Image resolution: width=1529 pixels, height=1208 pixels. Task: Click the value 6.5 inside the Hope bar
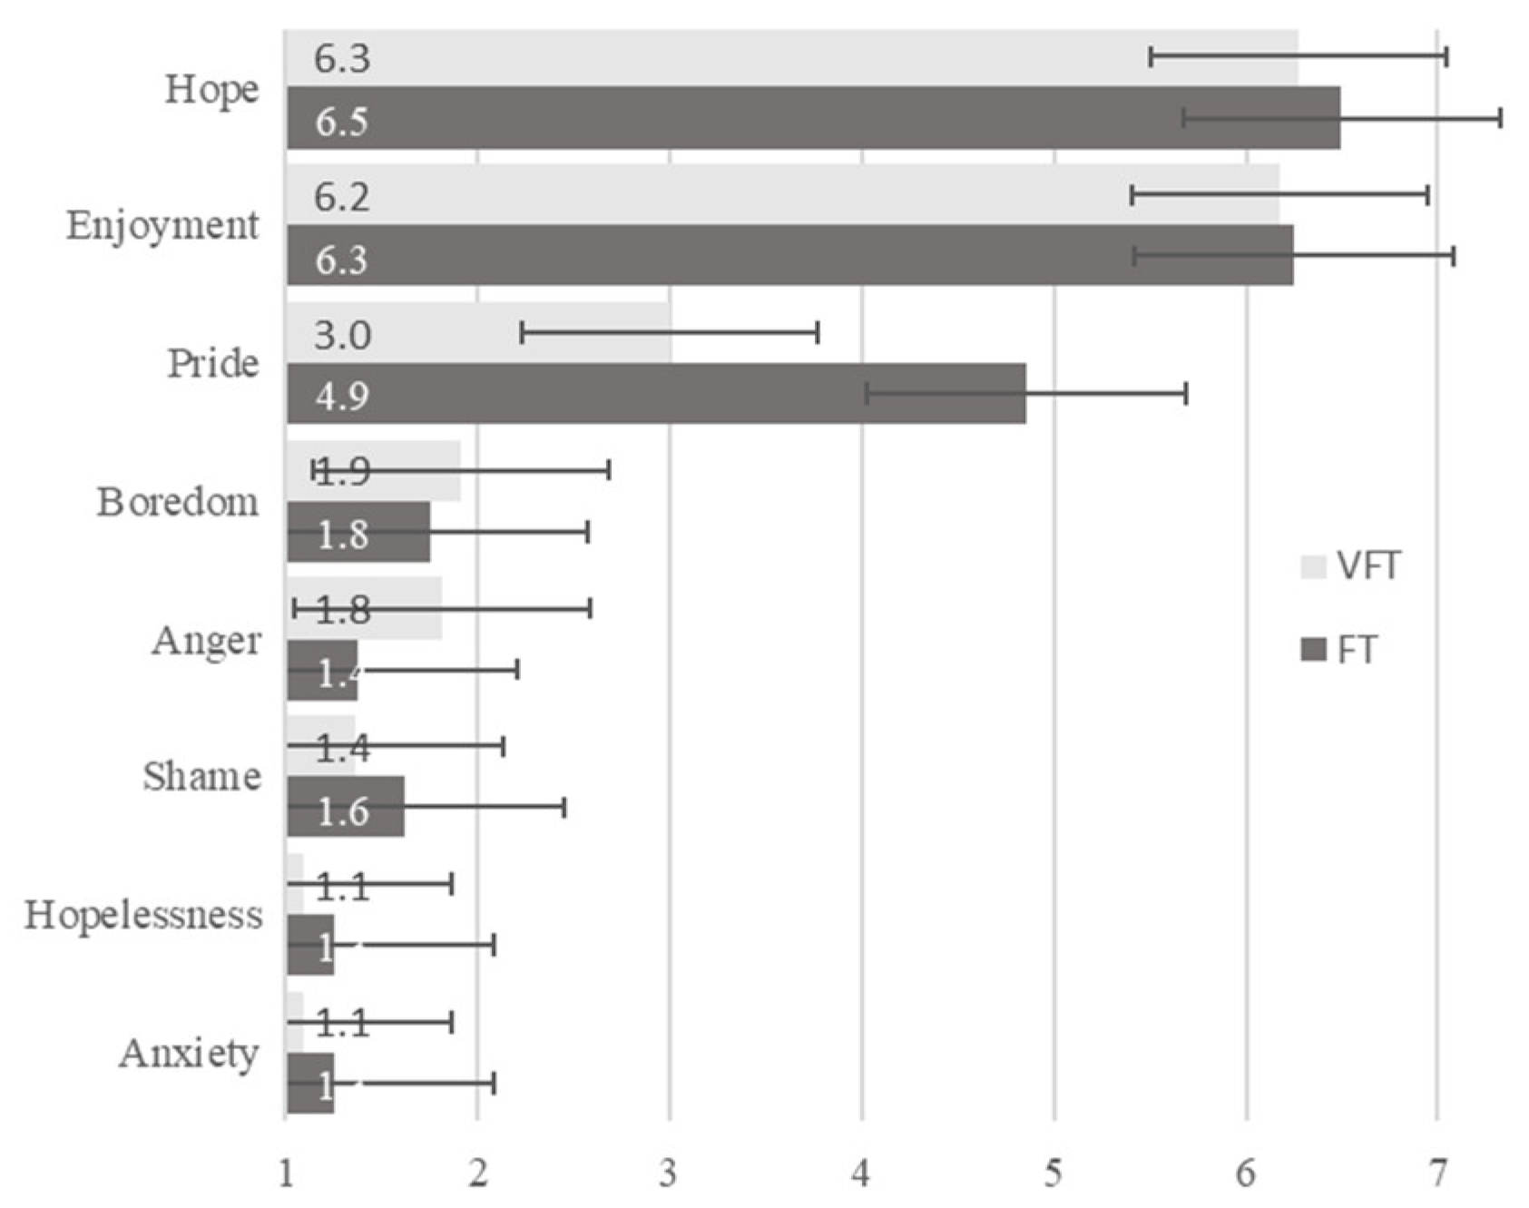(341, 122)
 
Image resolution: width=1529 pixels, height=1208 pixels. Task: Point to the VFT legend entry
(1353, 566)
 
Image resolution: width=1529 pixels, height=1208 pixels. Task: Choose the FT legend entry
(1341, 650)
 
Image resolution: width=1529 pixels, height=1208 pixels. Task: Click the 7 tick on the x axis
(1437, 1174)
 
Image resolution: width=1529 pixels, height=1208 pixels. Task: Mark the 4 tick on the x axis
(860, 1174)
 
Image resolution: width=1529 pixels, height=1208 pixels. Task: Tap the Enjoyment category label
(162, 226)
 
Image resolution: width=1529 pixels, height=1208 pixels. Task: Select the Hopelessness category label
(143, 915)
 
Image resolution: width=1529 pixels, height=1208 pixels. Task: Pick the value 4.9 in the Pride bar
(341, 397)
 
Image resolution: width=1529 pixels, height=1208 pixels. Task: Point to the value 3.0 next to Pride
(342, 336)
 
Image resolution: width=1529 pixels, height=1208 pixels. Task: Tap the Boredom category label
(178, 502)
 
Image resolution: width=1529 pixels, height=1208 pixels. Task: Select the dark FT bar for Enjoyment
(789, 256)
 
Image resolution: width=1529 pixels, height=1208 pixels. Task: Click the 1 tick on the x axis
(286, 1174)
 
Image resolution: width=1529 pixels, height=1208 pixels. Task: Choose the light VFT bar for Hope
(789, 57)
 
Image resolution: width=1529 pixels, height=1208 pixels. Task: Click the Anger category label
(207, 642)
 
